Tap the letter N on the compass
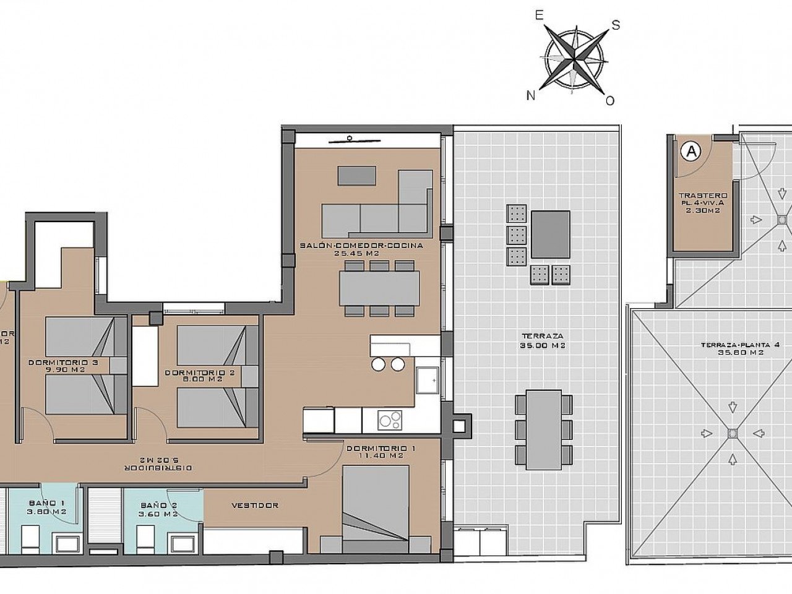(531, 95)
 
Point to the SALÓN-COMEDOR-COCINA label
(361, 245)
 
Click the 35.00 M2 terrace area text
(536, 346)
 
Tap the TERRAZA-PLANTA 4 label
(731, 345)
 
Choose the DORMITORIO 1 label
(377, 448)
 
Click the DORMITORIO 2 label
(190, 373)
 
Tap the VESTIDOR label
(254, 505)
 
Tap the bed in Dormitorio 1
(376, 507)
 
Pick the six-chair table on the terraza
(539, 429)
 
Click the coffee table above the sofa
(356, 175)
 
